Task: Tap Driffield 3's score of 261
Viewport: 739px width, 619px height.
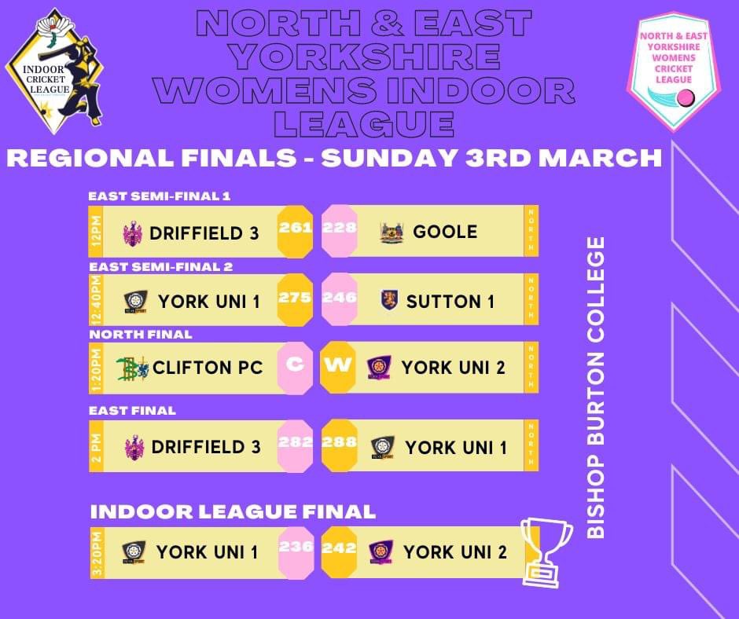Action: [296, 229]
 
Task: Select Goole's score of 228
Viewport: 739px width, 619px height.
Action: [339, 229]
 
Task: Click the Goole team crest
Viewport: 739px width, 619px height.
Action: [392, 233]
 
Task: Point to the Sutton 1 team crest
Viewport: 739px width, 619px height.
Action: [390, 300]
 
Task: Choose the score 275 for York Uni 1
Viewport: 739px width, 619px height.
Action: [296, 299]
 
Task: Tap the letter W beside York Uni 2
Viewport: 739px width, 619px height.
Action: [339, 367]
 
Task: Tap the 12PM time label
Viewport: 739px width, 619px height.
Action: [96, 231]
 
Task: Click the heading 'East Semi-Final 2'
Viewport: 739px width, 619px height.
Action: [160, 266]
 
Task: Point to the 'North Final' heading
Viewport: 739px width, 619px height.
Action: [141, 334]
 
